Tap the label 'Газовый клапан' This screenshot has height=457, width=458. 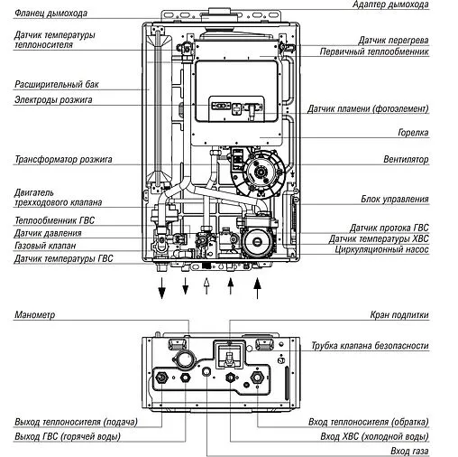click(x=44, y=246)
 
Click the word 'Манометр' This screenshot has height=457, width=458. click(x=36, y=315)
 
